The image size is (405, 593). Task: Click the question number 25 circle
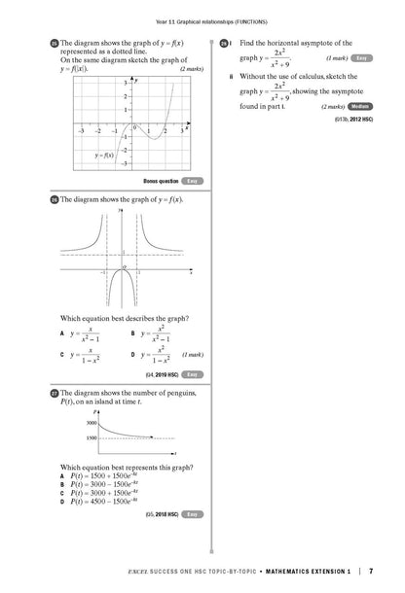55,44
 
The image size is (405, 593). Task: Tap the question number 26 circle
55,198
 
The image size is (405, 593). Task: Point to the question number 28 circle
224,44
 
